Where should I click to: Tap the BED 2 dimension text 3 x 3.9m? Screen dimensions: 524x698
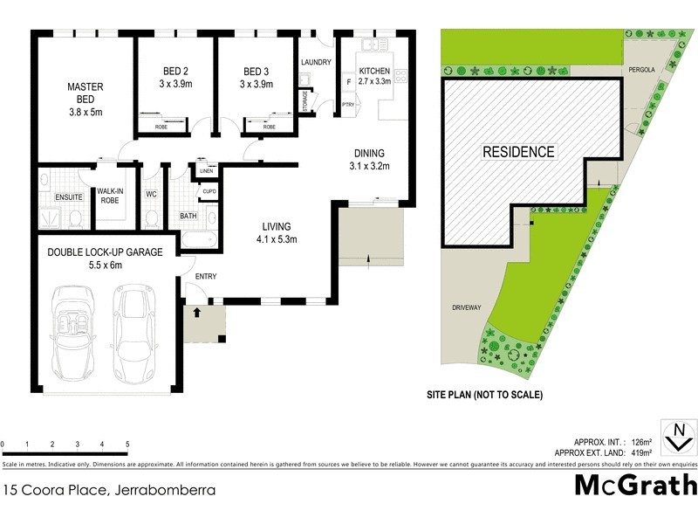click(177, 85)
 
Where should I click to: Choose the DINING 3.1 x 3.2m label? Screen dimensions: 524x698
click(369, 158)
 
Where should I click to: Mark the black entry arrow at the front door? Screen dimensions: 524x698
click(197, 310)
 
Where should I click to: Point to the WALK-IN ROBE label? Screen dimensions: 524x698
click(111, 196)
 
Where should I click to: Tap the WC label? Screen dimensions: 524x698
click(151, 194)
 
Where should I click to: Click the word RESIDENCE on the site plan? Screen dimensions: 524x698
click(519, 152)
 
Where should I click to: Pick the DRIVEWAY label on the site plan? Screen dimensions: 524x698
click(468, 307)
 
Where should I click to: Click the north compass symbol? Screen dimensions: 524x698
click(677, 434)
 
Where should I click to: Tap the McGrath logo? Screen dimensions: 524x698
click(635, 486)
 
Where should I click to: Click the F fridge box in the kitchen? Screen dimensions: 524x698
click(349, 83)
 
